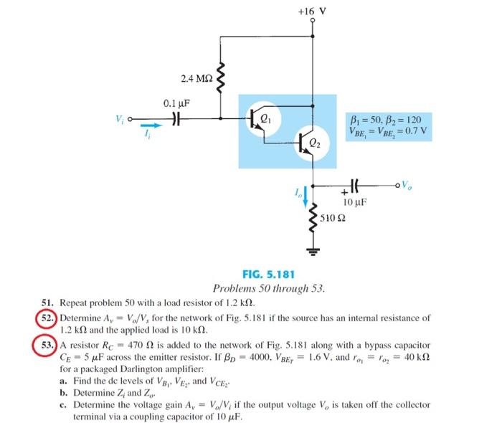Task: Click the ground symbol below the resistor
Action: [313, 249]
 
